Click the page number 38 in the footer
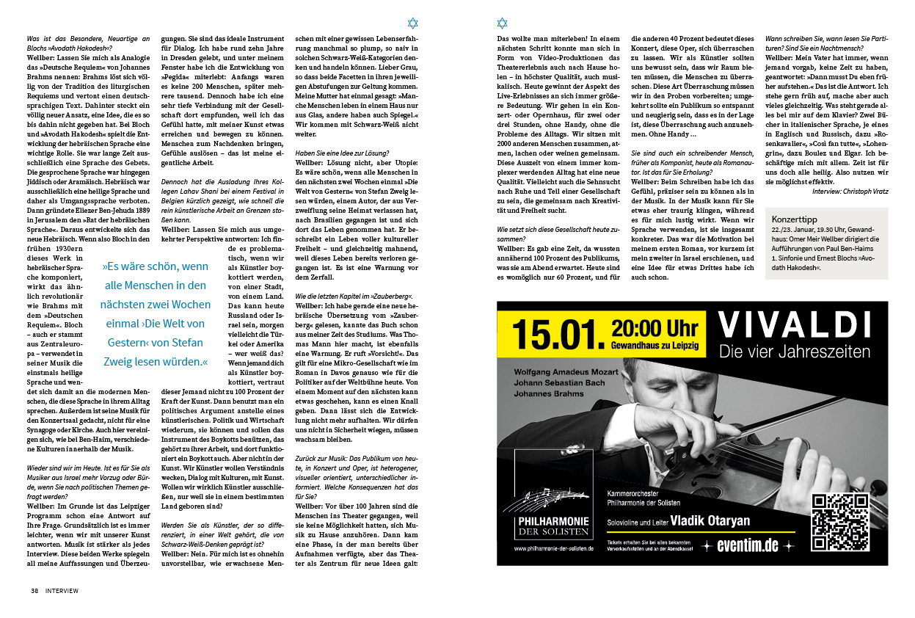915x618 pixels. tap(34, 590)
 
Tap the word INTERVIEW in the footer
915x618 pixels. tap(62, 590)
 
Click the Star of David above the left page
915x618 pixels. tap(412, 23)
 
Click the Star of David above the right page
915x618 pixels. tap(502, 23)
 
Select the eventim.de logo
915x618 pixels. tap(749, 546)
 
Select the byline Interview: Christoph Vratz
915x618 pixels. tap(850, 191)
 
